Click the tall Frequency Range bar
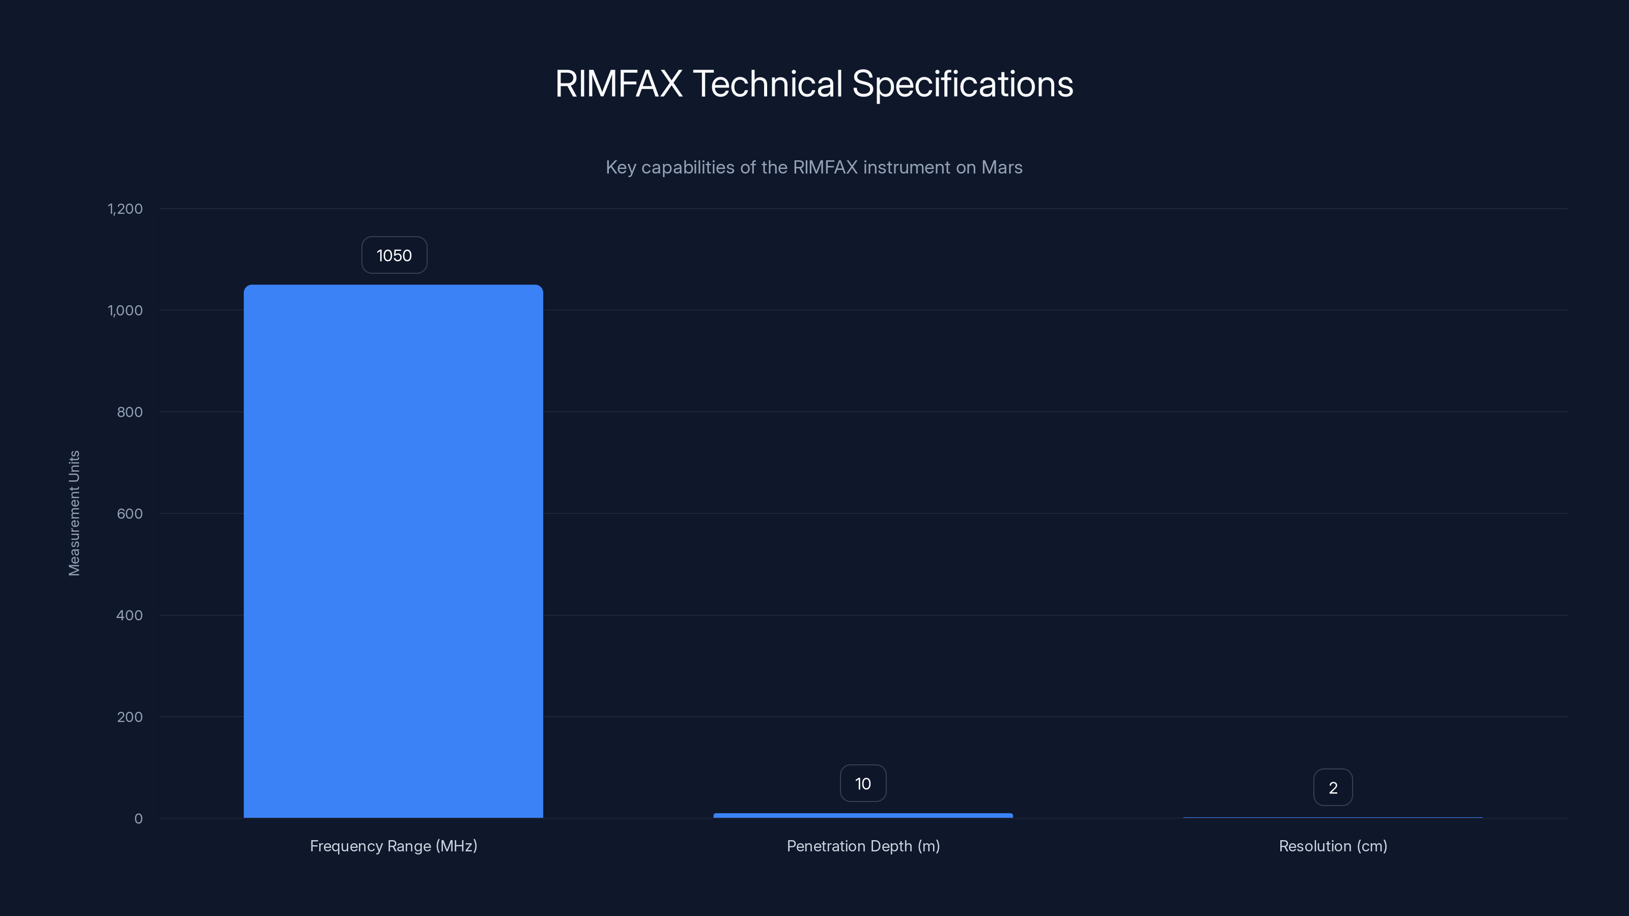pyautogui.click(x=394, y=551)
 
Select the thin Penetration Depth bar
pyautogui.click(x=862, y=815)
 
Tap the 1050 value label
pyautogui.click(x=394, y=255)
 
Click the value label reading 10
pyautogui.click(x=862, y=784)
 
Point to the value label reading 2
pyautogui.click(x=1332, y=788)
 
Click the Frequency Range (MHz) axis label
pyautogui.click(x=394, y=846)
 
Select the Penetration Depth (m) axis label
pyautogui.click(x=862, y=846)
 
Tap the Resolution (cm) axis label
pyautogui.click(x=1332, y=846)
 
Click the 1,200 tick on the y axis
pyautogui.click(x=125, y=209)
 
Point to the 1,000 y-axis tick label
pyautogui.click(x=125, y=310)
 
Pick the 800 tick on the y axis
pyautogui.click(x=130, y=412)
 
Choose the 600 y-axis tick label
pyautogui.click(x=130, y=514)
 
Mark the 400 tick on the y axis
pyautogui.click(x=130, y=615)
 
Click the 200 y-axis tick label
pyautogui.click(x=130, y=717)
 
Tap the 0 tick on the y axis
pyautogui.click(x=138, y=819)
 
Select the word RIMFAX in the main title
pyautogui.click(x=619, y=83)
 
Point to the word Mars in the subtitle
pyautogui.click(x=1002, y=167)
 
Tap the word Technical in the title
pyautogui.click(x=767, y=83)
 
